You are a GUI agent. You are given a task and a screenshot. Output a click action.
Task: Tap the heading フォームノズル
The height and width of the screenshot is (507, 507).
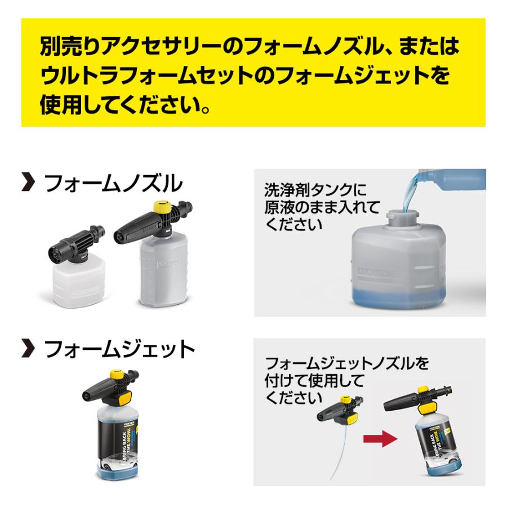(113, 184)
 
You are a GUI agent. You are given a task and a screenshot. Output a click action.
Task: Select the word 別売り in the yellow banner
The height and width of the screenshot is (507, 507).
(63, 47)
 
